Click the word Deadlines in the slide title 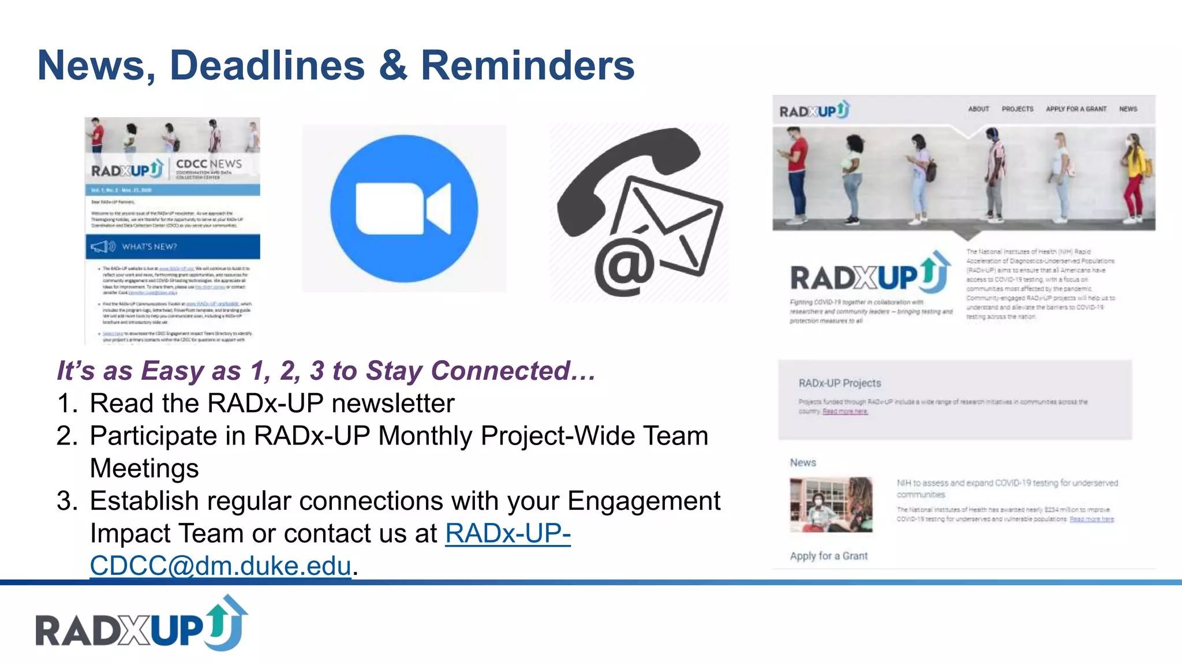(x=267, y=65)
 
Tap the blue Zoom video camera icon (x=404, y=208)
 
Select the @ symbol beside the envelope (x=624, y=267)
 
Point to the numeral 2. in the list (x=68, y=436)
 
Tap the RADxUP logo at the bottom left (x=142, y=625)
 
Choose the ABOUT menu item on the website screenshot (x=978, y=109)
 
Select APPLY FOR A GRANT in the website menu (x=1076, y=109)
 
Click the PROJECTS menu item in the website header (x=1018, y=109)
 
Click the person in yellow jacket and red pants (x=1134, y=176)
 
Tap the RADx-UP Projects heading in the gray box (x=839, y=383)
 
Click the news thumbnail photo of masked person (x=831, y=505)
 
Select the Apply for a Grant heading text (x=828, y=556)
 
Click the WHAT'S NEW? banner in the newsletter (x=173, y=246)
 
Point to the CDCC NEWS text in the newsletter (x=208, y=164)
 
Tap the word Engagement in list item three (x=644, y=501)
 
